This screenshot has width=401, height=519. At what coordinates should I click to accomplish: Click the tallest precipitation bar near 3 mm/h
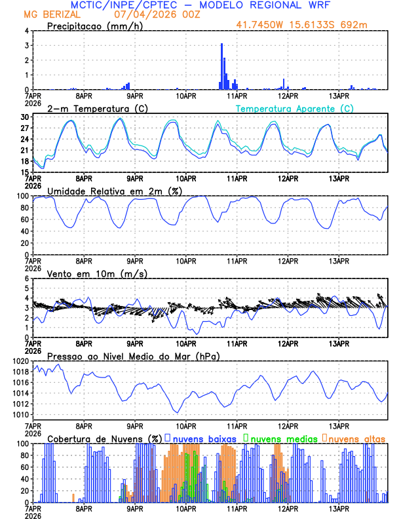pos(221,66)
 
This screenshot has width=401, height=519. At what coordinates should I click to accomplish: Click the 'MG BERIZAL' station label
pos(47,15)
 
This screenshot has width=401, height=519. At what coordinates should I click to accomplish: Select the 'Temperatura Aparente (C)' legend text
pos(295,108)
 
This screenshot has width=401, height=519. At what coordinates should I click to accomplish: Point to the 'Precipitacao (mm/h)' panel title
pos(95,26)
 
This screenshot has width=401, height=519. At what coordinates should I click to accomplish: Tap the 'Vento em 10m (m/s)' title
pos(88,273)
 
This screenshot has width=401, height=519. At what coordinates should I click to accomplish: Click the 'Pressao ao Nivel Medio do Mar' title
pos(133,356)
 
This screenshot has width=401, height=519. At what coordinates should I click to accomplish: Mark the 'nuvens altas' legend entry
pos(356,438)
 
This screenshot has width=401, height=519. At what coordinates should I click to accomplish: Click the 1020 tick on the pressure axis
pos(20,361)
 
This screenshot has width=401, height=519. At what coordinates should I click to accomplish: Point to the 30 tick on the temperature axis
pos(24,117)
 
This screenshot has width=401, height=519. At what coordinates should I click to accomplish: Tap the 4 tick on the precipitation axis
pos(26,31)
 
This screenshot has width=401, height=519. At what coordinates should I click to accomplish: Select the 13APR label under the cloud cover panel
pos(338,509)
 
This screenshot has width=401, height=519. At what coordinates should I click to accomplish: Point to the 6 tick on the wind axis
pos(26,279)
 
